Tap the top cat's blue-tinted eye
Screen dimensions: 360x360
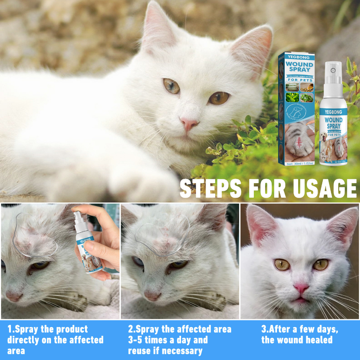(172, 86)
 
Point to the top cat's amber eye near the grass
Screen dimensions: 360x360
(219, 98)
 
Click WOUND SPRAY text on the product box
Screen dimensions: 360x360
(299, 66)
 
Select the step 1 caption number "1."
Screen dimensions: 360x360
(10, 329)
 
